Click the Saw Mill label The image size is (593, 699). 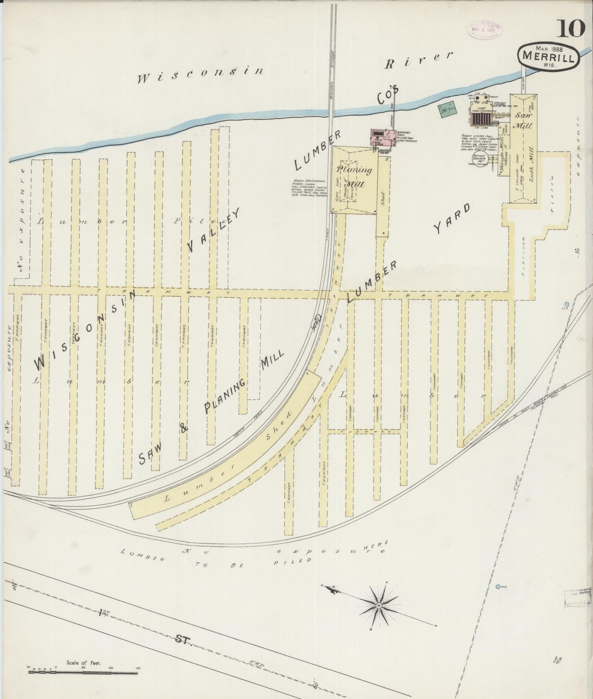click(523, 120)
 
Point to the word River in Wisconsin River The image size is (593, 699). click(419, 61)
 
